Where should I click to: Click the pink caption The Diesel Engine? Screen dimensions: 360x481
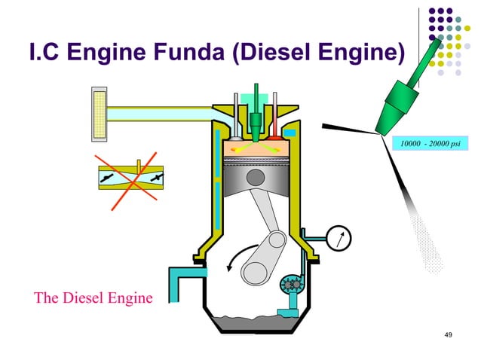[x=93, y=297]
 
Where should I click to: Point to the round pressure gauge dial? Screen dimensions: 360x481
[x=341, y=238]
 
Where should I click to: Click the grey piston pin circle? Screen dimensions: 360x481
[x=256, y=178]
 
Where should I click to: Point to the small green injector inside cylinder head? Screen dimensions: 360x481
[x=257, y=121]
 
